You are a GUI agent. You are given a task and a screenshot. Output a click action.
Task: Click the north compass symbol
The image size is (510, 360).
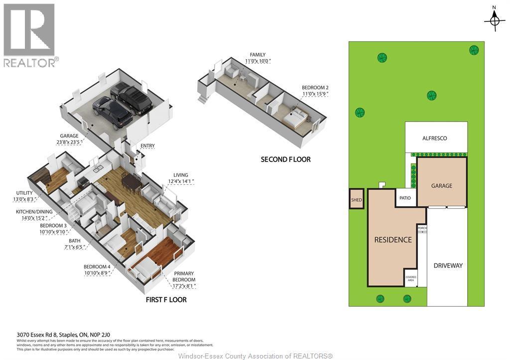point(495,20)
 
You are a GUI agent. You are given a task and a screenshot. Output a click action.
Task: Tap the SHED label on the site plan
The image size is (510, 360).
point(357,200)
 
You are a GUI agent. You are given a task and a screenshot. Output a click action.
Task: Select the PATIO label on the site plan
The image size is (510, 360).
point(405,198)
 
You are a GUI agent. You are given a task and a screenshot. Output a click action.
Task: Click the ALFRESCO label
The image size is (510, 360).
point(434,138)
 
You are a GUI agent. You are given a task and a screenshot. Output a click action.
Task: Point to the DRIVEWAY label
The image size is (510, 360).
point(448,265)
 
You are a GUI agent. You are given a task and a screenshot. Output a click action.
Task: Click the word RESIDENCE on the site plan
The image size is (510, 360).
point(393,240)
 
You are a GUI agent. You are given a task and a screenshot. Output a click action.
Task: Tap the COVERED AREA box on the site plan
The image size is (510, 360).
point(411,278)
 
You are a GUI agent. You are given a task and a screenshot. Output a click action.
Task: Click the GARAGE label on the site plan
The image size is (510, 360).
point(442,186)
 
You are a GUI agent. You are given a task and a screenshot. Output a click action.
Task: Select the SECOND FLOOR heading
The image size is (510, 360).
point(285,159)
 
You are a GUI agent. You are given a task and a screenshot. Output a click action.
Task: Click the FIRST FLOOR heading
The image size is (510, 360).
point(166,300)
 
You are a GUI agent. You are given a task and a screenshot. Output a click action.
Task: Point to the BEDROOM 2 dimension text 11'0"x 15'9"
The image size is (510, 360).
point(315,94)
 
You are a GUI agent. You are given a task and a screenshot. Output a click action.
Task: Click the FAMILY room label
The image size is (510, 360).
point(257,55)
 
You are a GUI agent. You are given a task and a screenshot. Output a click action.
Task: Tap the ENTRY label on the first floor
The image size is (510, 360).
point(147,146)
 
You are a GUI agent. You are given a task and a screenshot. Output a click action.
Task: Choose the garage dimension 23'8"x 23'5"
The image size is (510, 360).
point(69,142)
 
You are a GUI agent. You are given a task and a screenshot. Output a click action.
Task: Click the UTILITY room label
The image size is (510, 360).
point(24,193)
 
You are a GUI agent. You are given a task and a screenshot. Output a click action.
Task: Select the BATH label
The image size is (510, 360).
point(75,240)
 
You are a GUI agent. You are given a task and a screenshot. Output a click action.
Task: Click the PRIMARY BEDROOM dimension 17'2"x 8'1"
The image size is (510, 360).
point(184,286)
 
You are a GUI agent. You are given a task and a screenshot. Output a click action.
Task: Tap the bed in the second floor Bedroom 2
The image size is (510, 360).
point(295,118)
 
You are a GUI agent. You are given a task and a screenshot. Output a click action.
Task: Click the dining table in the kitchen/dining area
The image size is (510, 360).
point(131,182)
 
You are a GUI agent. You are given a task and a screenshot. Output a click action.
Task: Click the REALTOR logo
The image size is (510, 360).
point(31,35)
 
